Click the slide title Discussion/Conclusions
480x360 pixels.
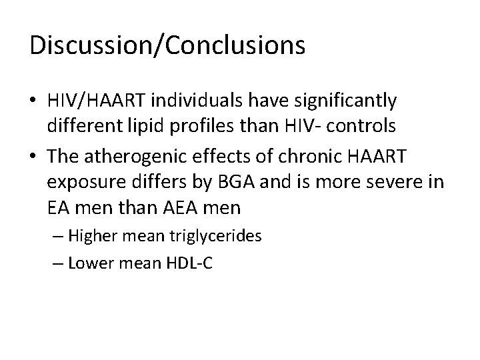tap(167, 45)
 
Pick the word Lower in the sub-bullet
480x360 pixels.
tap(90, 262)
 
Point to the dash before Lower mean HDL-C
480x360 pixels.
tap(56, 262)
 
